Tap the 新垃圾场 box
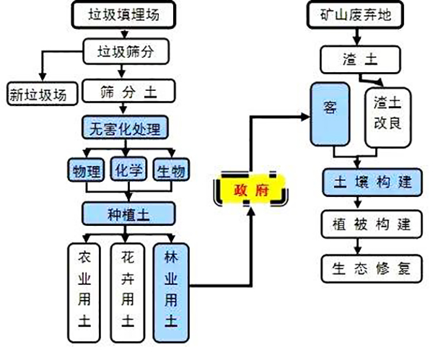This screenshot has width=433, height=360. point(41,93)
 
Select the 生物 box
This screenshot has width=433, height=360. point(172,170)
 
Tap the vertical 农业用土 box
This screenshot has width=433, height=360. point(84,289)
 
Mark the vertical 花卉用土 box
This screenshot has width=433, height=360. point(128,289)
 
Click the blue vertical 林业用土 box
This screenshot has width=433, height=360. point(171,289)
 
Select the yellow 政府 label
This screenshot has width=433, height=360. point(250,190)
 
